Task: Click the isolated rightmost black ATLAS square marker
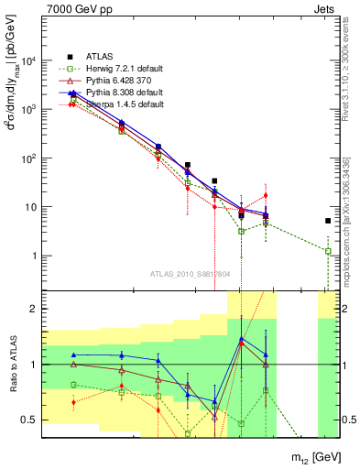point(328,221)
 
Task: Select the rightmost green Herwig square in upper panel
point(328,251)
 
